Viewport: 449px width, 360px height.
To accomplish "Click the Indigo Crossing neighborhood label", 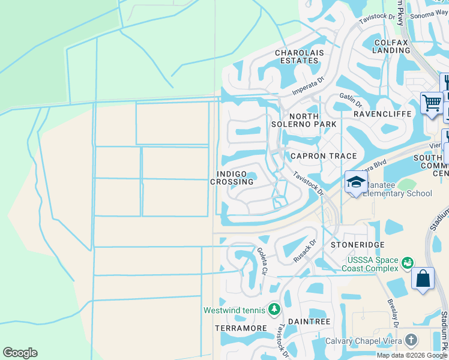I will point(228,178).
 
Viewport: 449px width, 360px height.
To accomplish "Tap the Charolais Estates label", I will point(297,57).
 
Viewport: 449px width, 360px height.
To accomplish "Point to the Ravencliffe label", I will point(382,113).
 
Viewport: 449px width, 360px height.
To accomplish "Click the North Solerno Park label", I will point(312,120).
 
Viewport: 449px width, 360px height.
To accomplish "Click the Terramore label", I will point(240,329).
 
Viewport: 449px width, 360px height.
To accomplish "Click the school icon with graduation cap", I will point(356,182).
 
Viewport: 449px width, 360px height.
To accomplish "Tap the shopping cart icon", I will point(431,103).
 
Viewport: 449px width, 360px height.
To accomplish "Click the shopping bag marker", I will point(423,279).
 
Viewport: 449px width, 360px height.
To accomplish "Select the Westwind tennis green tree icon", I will point(274,309).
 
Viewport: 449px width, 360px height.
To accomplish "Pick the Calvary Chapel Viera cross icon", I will point(411,340).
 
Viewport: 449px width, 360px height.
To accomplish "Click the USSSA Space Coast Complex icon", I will point(408,263).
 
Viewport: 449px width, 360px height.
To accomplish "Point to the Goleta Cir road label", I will point(262,262).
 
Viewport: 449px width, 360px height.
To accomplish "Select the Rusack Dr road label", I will point(305,251).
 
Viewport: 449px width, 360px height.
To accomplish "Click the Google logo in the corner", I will point(20,353).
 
